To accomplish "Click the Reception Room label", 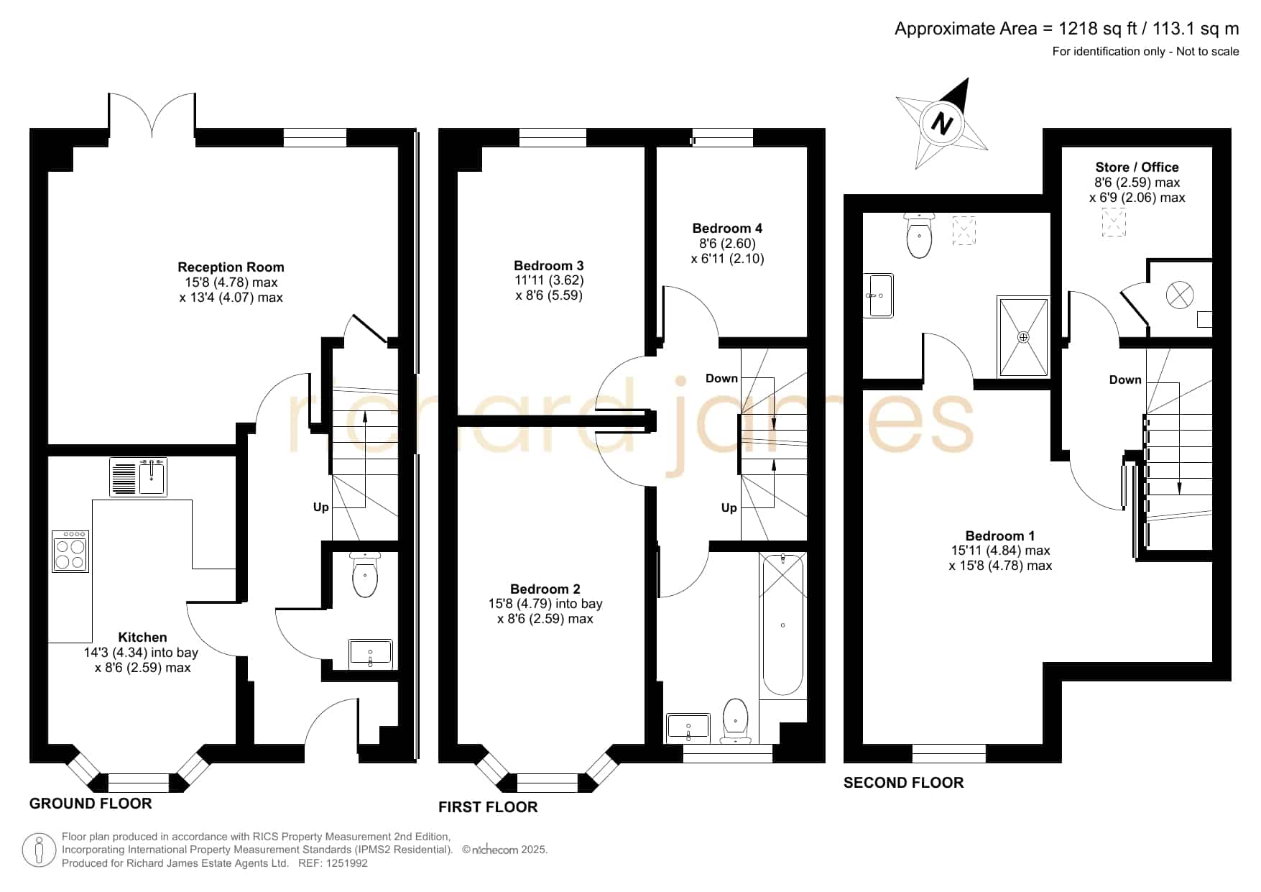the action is point(231,267).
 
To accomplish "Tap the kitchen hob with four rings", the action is point(70,551).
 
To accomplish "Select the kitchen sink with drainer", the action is point(139,477).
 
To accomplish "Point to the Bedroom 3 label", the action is point(548,266).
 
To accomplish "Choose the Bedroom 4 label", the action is point(727,229).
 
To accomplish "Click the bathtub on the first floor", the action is point(782,625).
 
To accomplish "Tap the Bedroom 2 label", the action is point(545,589).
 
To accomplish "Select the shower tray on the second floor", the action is point(1023,336).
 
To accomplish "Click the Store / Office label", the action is point(1137,167).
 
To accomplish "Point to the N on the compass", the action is point(941,123).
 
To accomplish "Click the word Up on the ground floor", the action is point(321,507).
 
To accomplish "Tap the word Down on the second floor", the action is point(1125,380).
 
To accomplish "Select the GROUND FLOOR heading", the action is point(91,804).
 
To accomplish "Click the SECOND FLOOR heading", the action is point(903,783).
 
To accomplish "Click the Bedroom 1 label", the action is point(1000,536).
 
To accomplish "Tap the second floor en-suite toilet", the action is point(920,235).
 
